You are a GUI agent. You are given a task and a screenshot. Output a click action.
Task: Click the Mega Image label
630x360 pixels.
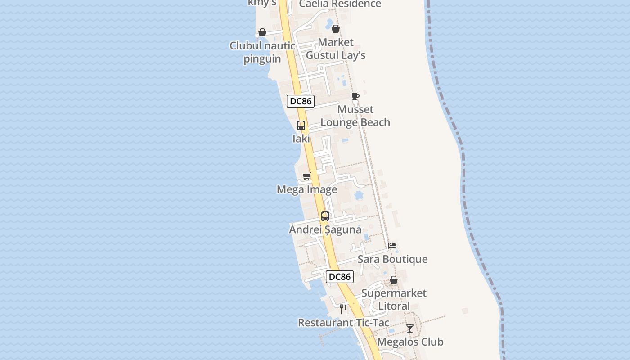[307, 189]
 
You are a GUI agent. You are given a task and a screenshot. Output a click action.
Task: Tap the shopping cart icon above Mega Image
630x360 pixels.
[307, 176]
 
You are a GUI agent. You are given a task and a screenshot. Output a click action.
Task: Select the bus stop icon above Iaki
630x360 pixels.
[301, 126]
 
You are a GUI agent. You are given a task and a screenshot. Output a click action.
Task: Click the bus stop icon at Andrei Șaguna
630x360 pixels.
[325, 216]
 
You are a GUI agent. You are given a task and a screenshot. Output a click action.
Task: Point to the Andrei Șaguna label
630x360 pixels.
[325, 229]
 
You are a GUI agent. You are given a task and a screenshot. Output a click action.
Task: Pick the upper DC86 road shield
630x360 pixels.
[301, 101]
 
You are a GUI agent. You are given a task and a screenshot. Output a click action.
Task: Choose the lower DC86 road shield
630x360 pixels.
[340, 276]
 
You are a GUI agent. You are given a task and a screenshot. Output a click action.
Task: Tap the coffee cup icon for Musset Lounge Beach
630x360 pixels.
[355, 96]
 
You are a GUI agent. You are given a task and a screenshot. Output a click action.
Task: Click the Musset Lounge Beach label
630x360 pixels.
[355, 116]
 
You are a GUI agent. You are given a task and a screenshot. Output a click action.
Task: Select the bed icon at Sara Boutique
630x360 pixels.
[393, 246]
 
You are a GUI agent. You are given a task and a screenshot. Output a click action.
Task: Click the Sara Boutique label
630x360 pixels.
[392, 259]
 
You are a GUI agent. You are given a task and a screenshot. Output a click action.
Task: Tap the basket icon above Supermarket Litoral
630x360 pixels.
[394, 280]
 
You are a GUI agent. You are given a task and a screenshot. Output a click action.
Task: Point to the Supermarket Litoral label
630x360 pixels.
[394, 299]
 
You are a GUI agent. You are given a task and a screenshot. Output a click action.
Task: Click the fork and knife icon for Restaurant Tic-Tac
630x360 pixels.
[343, 309]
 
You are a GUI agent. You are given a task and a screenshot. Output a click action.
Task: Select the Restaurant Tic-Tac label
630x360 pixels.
[343, 323]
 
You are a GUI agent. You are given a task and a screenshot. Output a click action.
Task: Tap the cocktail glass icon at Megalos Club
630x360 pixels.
[410, 328]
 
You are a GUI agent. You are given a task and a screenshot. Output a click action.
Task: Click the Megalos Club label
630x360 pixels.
[410, 342]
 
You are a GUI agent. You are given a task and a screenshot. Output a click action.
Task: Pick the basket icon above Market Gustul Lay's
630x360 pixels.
[336, 29]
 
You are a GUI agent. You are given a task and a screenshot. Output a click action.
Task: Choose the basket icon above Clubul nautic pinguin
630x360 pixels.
[262, 32]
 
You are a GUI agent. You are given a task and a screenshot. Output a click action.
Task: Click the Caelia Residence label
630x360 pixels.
[340, 4]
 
